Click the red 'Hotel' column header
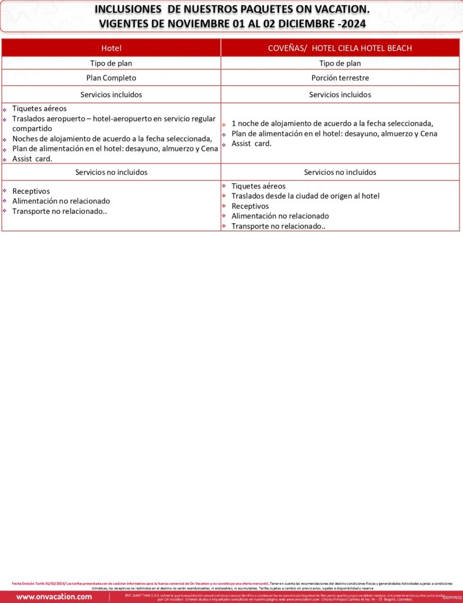[x=111, y=48]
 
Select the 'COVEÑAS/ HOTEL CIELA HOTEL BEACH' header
[x=340, y=48]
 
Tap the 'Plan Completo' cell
[x=111, y=78]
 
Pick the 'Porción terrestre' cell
[x=340, y=78]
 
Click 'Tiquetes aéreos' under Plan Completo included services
[x=39, y=108]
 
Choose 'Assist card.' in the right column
[x=252, y=143]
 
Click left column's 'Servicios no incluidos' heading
[x=111, y=172]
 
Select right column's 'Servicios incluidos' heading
[x=340, y=94]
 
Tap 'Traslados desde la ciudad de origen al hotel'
[x=305, y=196]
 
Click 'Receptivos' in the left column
[x=31, y=191]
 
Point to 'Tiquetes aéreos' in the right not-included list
[x=259, y=186]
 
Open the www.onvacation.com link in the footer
[x=54, y=597]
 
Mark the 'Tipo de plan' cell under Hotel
[x=111, y=63]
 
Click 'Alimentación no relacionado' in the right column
[x=280, y=216]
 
